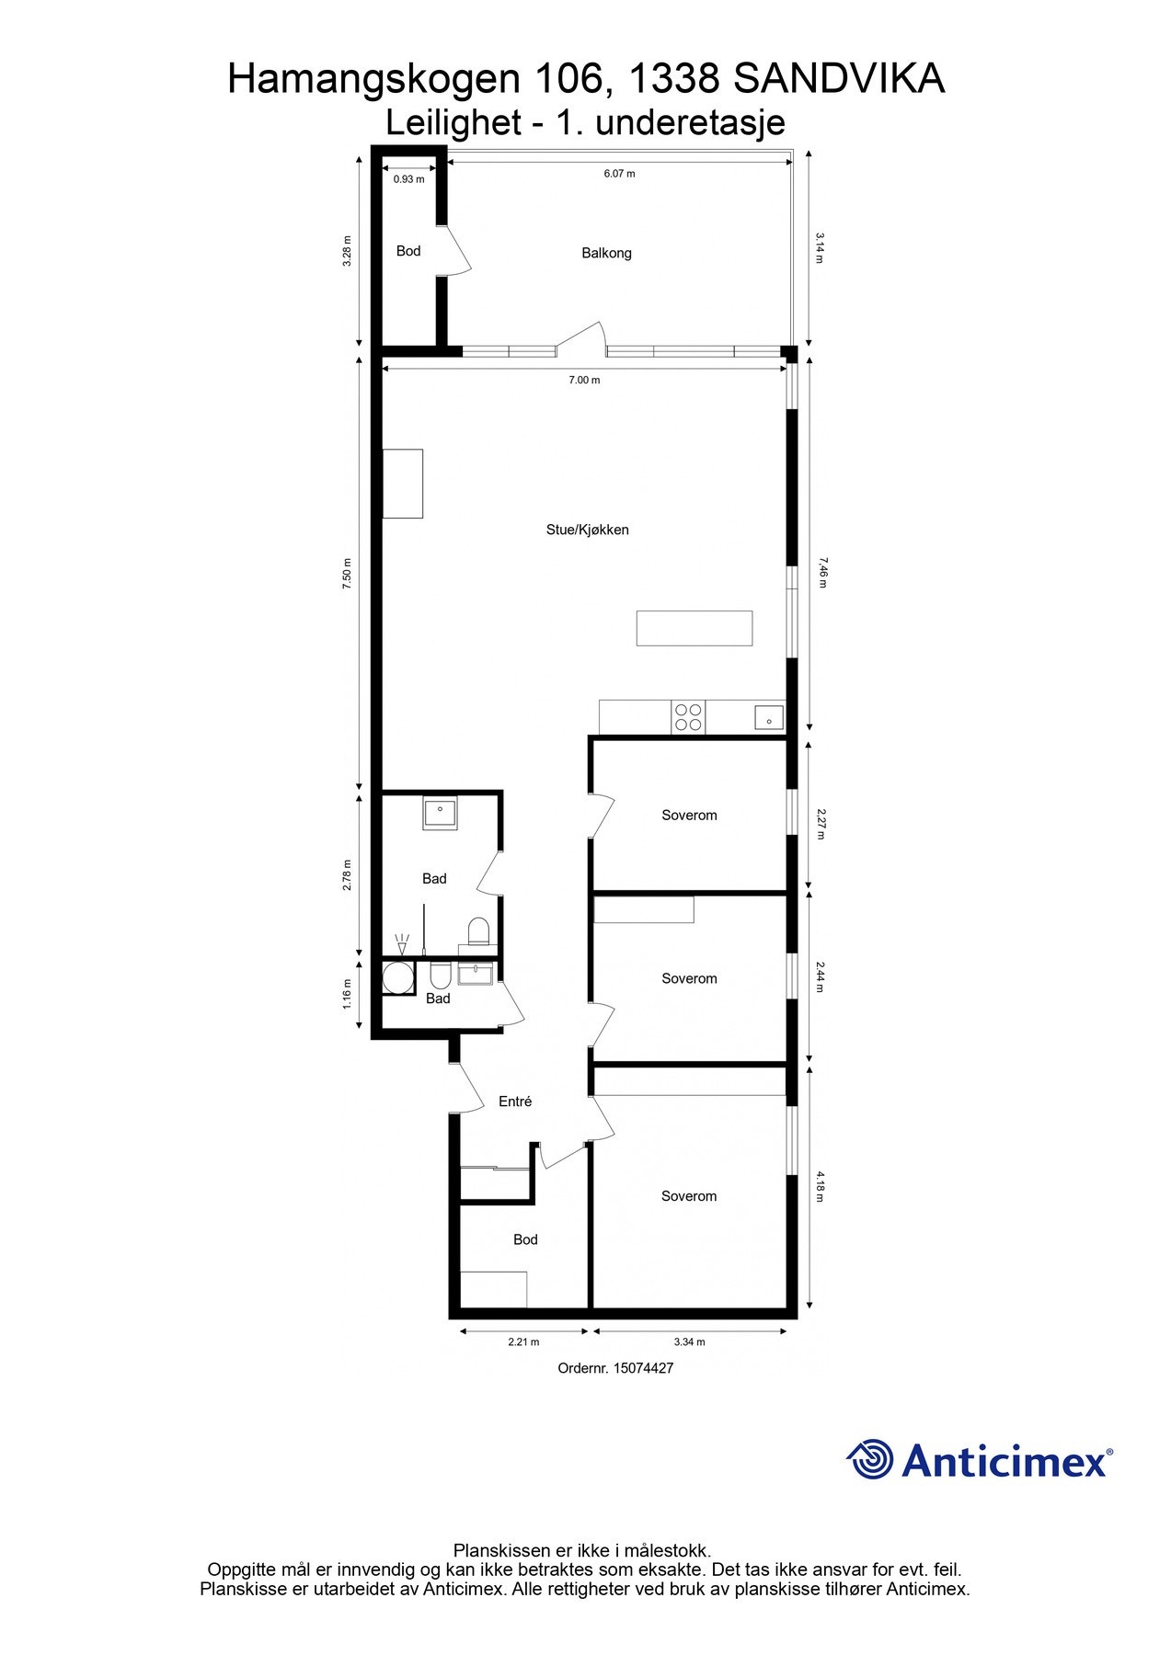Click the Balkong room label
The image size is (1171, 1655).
[x=606, y=253]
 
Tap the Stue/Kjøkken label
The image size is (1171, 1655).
[x=587, y=530]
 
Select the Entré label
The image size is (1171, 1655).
[x=515, y=1101]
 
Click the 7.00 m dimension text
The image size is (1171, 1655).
[x=584, y=380]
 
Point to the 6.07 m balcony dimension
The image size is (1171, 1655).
[x=619, y=174]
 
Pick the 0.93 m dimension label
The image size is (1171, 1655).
[x=408, y=179]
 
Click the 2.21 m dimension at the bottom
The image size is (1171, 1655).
[x=523, y=1341]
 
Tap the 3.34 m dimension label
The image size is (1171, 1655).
[x=689, y=1341]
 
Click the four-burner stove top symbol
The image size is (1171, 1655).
[x=688, y=717]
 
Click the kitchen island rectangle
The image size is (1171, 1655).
[x=695, y=628]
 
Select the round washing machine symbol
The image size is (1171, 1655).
[x=399, y=977]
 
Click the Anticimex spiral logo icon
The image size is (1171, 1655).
[x=870, y=1459]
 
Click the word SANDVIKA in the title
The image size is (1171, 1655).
[x=839, y=80]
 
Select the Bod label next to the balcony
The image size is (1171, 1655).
[x=408, y=251]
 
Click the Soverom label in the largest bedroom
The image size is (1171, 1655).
[x=689, y=1195]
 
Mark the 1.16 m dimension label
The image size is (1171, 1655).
[x=347, y=994]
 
